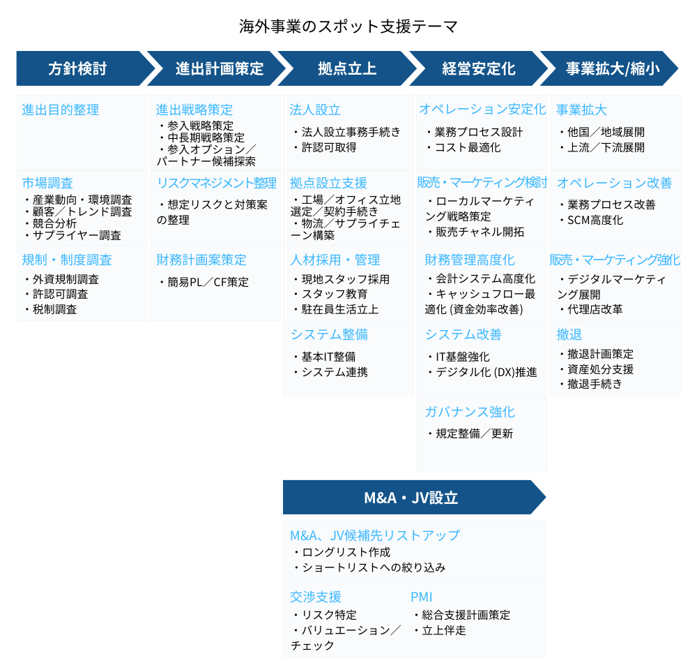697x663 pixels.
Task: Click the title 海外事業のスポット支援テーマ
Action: pyautogui.click(x=348, y=27)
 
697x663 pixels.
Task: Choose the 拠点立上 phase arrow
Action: pyautogui.click(x=347, y=68)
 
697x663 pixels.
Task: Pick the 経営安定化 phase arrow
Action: pyautogui.click(x=478, y=68)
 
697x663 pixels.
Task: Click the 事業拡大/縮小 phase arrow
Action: pyautogui.click(x=609, y=68)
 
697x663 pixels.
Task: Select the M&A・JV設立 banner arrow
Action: pyautogui.click(x=414, y=498)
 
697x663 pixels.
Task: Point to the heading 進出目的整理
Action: pyautogui.click(x=61, y=110)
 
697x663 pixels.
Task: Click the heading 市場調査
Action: pyautogui.click(x=47, y=183)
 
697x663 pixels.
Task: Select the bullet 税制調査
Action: pyautogui.click(x=52, y=309)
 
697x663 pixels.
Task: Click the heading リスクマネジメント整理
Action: pyautogui.click(x=217, y=183)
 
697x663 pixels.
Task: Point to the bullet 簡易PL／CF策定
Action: pyautogui.click(x=204, y=282)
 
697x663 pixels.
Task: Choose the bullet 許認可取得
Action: pyautogui.click(x=325, y=147)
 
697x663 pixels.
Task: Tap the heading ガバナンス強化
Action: pyautogui.click(x=470, y=412)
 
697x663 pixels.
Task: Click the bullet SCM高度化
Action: pyautogui.click(x=592, y=220)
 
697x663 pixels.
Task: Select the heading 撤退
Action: pyautogui.click(x=569, y=334)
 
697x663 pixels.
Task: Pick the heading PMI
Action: pyautogui.click(x=422, y=597)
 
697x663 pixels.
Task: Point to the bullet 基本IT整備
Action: pyautogui.click(x=325, y=357)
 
